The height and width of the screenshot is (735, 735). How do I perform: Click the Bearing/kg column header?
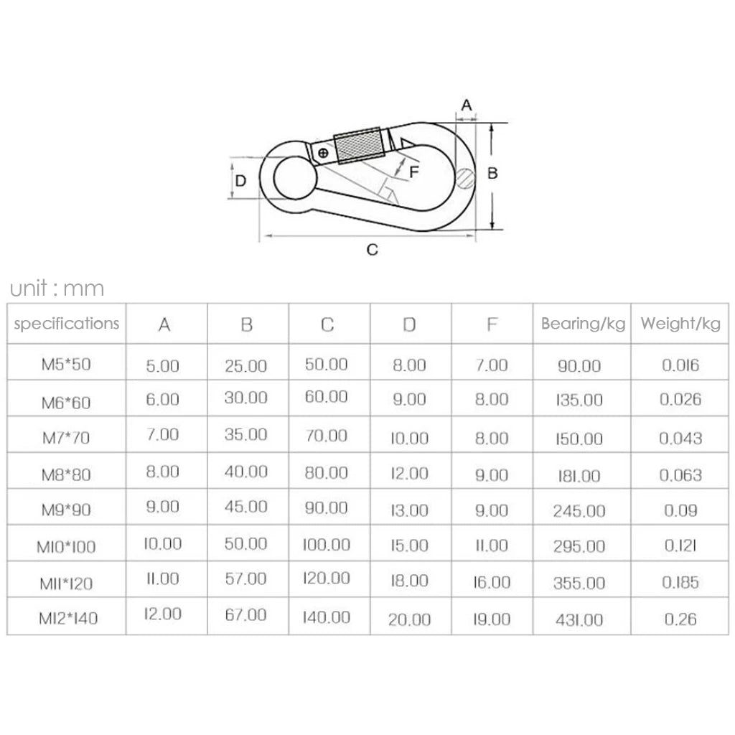coord(583,324)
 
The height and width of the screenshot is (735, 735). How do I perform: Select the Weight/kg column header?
coord(680,324)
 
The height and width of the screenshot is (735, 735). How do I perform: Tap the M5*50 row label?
coord(66,364)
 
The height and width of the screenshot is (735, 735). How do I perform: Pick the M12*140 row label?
coord(68,618)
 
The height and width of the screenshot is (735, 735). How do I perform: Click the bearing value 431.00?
coord(579,620)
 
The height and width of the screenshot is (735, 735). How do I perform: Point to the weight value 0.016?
coord(680,365)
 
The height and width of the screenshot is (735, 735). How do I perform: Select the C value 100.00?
coord(327,545)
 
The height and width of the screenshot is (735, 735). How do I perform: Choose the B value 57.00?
coord(245,579)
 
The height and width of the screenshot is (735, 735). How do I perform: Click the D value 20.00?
coord(409,619)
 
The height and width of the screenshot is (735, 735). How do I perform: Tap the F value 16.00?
coord(492,582)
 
